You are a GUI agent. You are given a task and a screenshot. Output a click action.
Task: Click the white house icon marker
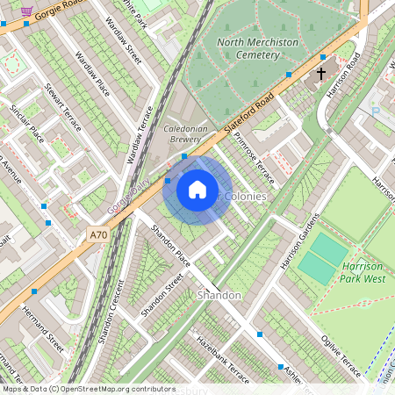197,190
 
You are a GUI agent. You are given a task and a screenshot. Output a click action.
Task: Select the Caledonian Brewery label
184,133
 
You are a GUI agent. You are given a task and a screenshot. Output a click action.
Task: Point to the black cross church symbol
321,74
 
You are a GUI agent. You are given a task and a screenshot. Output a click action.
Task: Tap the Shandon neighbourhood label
219,295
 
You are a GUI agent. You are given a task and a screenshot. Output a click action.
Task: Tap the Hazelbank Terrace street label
222,355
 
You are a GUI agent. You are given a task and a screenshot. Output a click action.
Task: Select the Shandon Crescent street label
111,312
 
